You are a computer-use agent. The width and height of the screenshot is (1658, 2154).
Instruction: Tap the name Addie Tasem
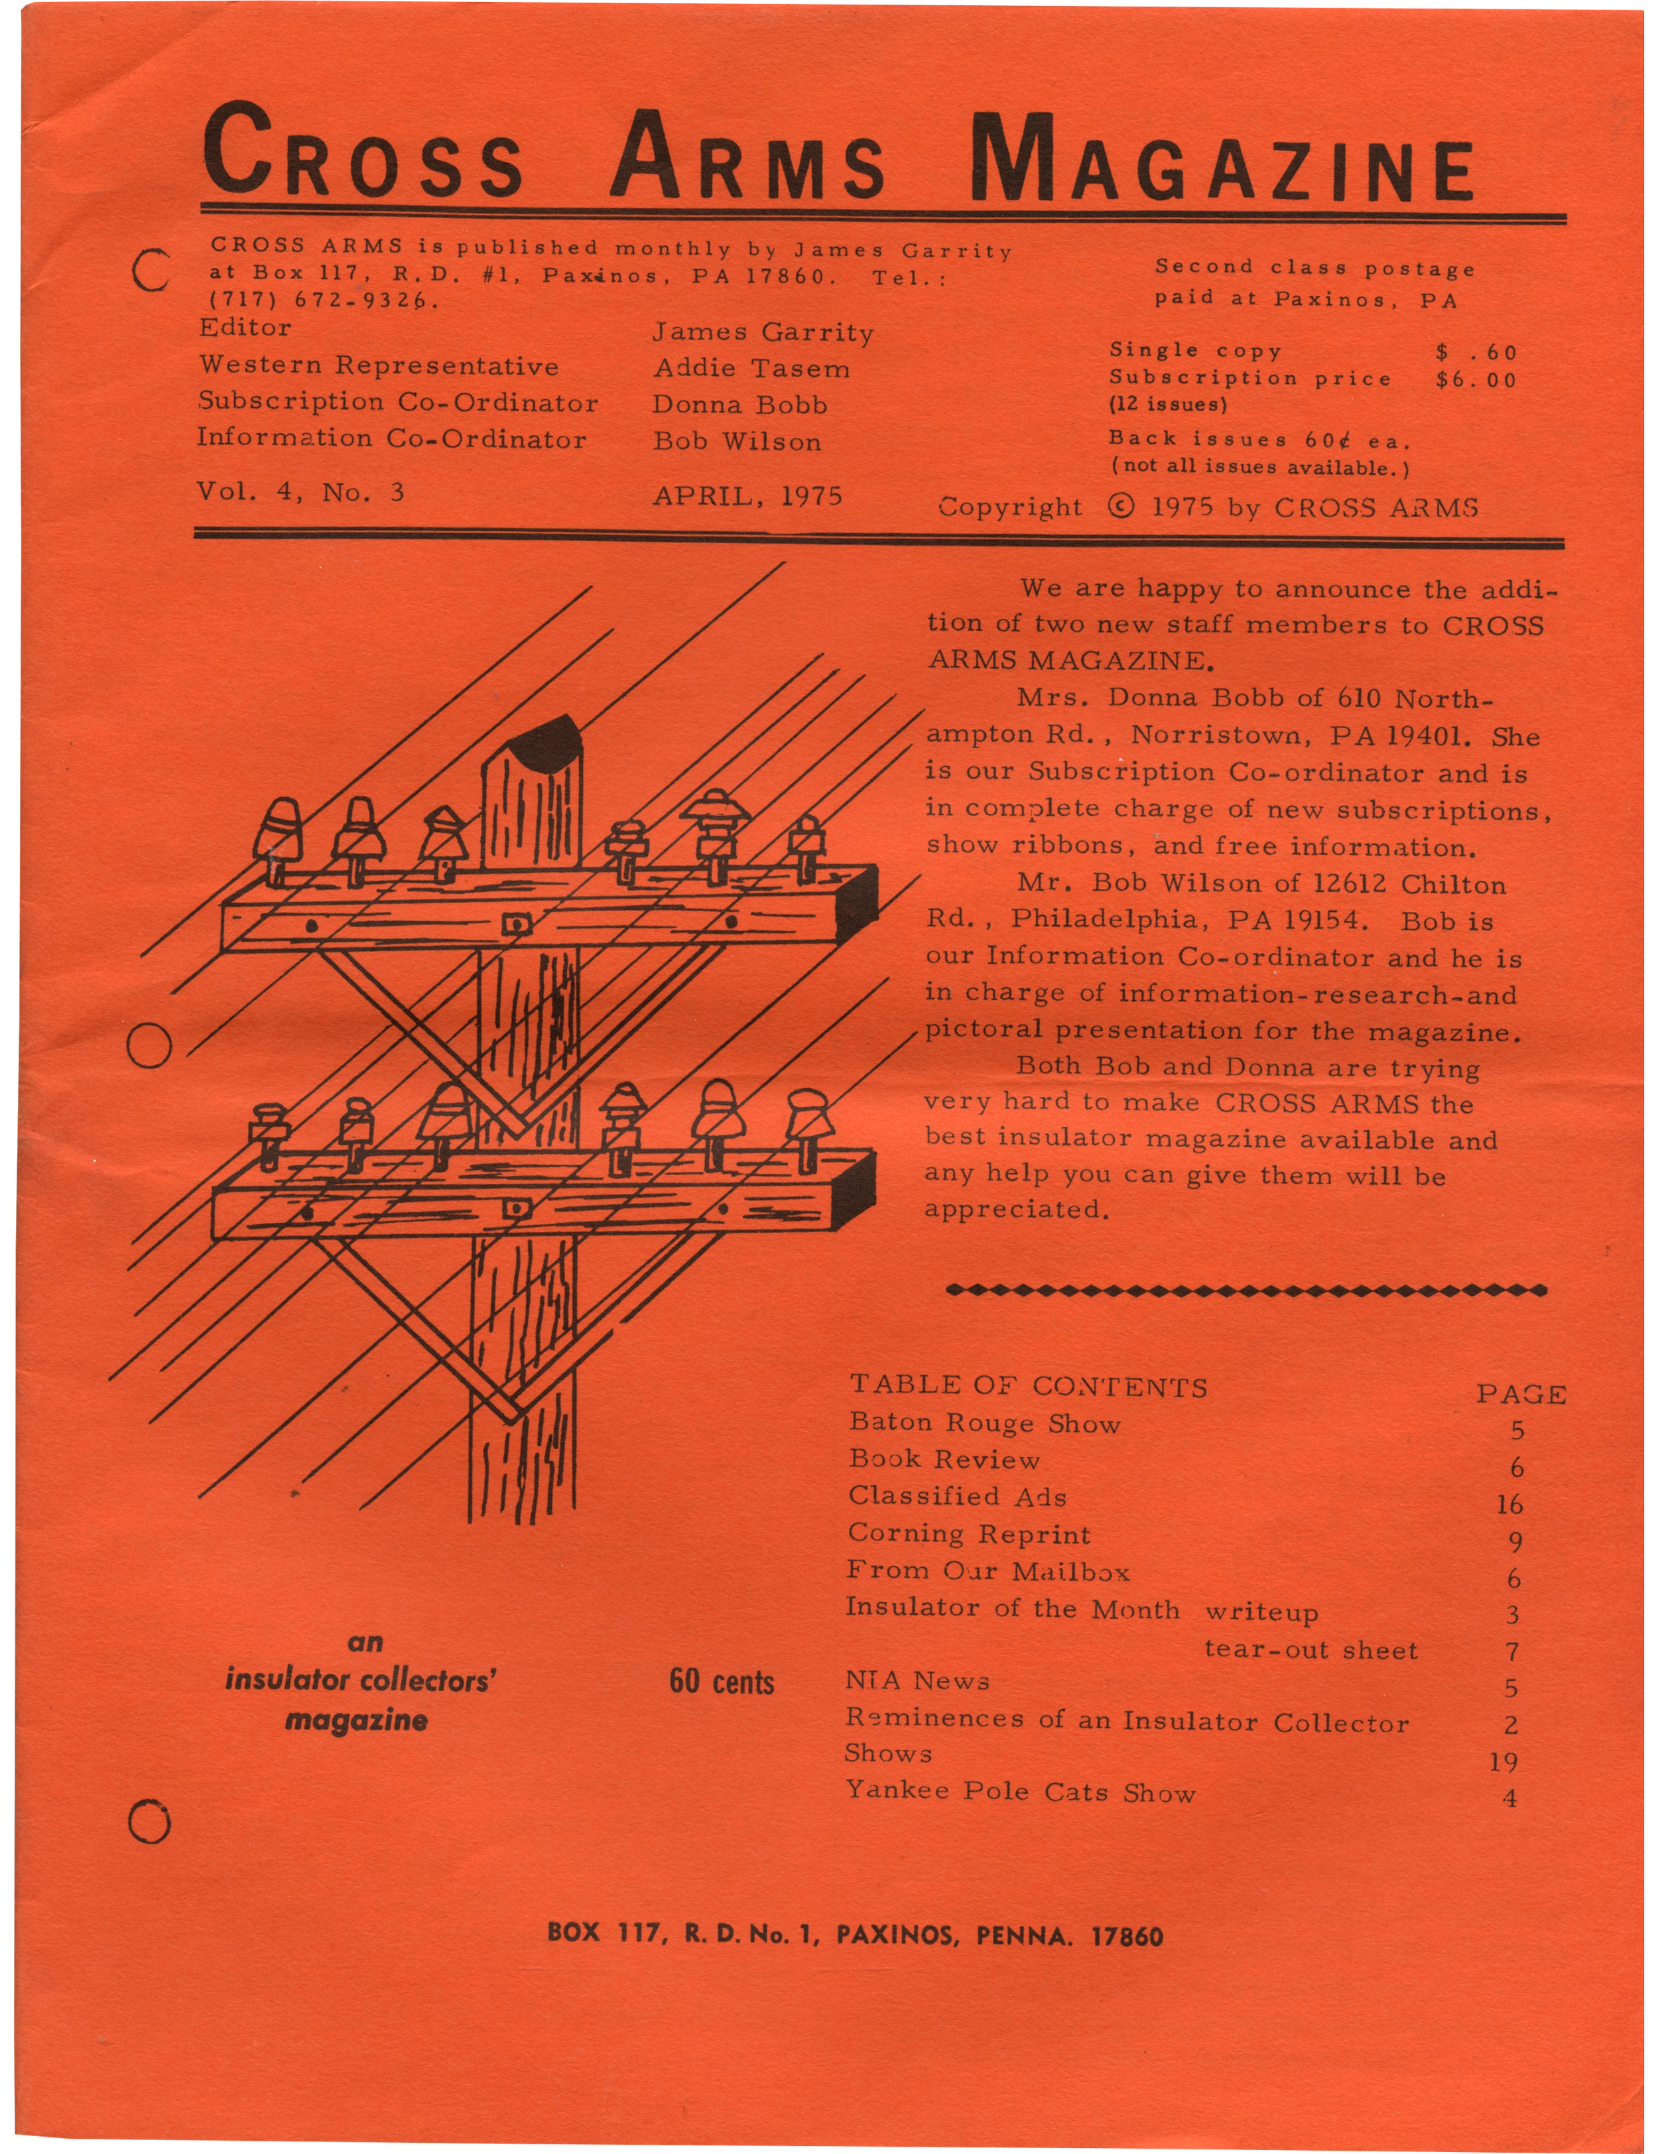pyautogui.click(x=751, y=369)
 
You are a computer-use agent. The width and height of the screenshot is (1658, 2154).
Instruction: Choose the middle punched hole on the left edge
pyautogui.click(x=150, y=1045)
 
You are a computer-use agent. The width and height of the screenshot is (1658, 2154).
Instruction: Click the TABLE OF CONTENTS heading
pyautogui.click(x=1028, y=1387)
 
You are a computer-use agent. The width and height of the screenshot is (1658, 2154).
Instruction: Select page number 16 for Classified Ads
pyautogui.click(x=1509, y=1505)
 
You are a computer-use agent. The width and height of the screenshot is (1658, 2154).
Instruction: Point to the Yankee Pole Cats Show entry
pyautogui.click(x=1020, y=1792)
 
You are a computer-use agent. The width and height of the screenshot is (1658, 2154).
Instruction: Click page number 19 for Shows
pyautogui.click(x=1504, y=1761)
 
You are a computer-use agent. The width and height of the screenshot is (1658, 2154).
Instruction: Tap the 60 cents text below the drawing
pyautogui.click(x=721, y=1682)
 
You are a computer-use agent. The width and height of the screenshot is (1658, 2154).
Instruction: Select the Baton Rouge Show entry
pyautogui.click(x=984, y=1423)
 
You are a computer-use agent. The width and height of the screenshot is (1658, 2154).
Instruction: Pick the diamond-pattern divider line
pyautogui.click(x=1245, y=1290)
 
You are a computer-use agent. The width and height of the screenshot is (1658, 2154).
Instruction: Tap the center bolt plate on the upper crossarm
pyautogui.click(x=516, y=924)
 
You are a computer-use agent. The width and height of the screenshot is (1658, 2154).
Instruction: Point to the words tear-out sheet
pyautogui.click(x=1310, y=1650)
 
